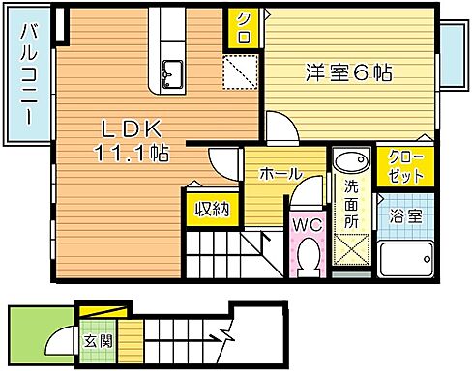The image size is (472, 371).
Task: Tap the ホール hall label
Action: tap(279, 174)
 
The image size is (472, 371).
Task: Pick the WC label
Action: tap(307, 224)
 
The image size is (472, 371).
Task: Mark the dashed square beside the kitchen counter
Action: tap(237, 71)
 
